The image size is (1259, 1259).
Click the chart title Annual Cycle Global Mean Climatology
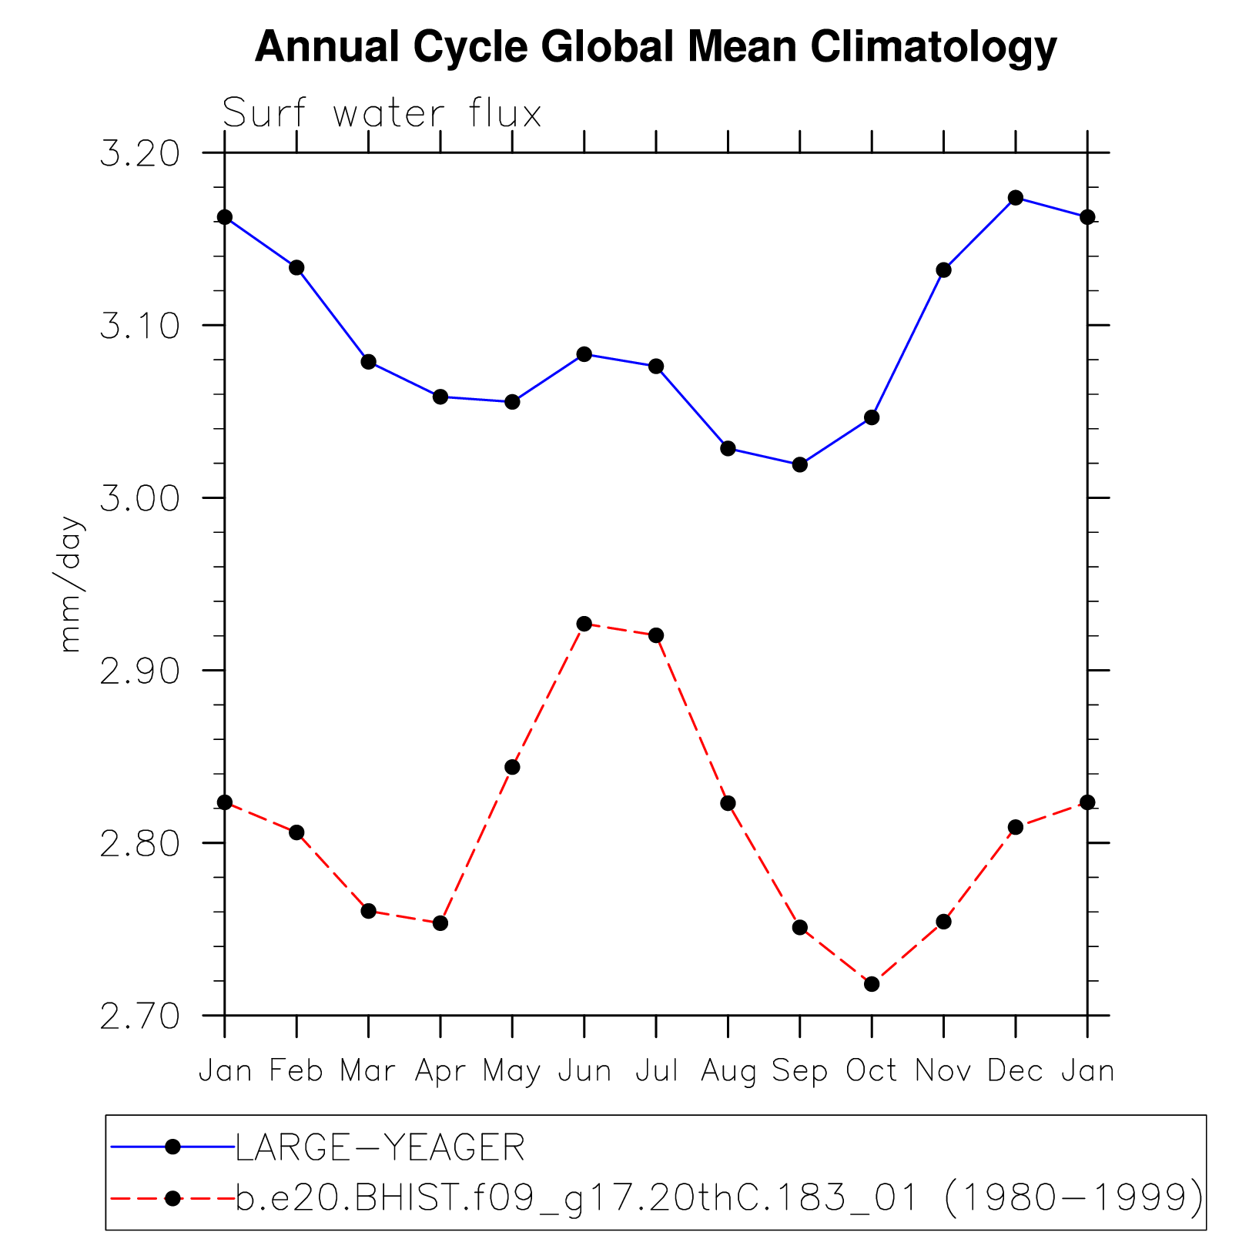coord(655,47)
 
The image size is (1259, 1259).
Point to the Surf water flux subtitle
coord(382,114)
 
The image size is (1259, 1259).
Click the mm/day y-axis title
coord(71,584)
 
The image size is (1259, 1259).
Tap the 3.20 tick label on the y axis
coord(139,154)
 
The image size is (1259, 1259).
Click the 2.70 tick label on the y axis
coord(139,1016)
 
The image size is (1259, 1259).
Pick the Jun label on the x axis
coord(584,1071)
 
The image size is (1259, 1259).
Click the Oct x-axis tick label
coord(872,1071)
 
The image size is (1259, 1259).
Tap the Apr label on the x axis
coord(440,1071)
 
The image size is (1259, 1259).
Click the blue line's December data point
coord(1016,198)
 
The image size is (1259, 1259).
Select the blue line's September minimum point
coord(800,464)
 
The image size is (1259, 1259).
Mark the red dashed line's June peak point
coord(584,624)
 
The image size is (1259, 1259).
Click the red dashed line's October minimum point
coord(872,984)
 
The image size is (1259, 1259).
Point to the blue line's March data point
coord(369,362)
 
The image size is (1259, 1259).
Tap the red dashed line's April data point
coord(440,923)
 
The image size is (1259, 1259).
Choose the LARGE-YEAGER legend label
coord(380,1148)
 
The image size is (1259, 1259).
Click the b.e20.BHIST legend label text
coord(718,1198)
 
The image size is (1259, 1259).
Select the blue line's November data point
coord(944,270)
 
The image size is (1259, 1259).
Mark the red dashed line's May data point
coord(513,767)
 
